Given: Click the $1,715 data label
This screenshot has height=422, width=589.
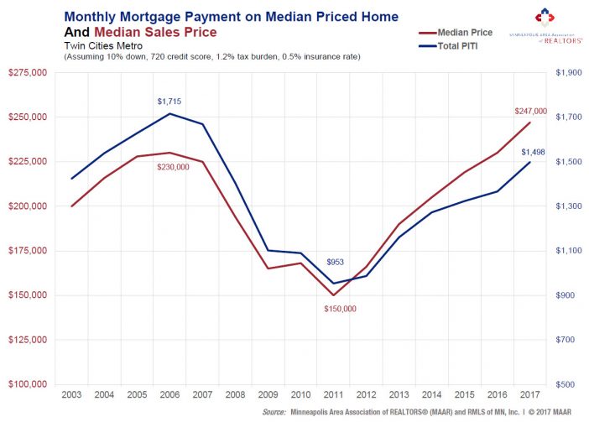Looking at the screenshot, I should click(169, 102).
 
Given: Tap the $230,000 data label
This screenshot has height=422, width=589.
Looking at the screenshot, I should click(173, 167).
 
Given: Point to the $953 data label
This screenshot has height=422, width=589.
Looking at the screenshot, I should click(335, 263).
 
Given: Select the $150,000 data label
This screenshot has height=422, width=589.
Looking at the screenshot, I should click(341, 309).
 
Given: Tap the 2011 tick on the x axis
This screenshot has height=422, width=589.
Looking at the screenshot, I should click(334, 394).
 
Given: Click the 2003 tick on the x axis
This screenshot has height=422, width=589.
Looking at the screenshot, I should click(71, 394).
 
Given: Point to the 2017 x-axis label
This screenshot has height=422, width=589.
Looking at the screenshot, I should click(530, 394).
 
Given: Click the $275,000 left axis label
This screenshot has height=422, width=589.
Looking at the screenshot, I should click(29, 73).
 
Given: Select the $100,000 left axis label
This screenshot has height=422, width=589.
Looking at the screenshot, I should click(29, 384).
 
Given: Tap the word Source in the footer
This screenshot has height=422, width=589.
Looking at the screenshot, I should click(274, 413).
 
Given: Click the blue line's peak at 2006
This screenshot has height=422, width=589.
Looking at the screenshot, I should click(169, 113).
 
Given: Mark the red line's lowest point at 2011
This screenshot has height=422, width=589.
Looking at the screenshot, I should click(334, 295).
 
